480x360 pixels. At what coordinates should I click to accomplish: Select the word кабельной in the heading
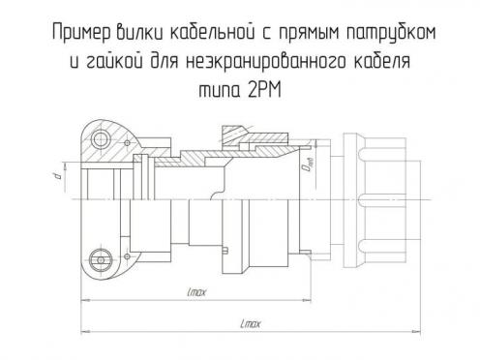212,32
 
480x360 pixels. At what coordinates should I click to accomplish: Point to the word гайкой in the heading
115,60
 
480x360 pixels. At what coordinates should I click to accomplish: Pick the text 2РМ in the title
265,90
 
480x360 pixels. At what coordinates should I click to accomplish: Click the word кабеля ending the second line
382,60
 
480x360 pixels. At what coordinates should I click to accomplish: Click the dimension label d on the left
58,175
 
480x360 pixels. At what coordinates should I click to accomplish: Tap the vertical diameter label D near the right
308,164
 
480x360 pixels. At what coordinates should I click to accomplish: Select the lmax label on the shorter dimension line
196,292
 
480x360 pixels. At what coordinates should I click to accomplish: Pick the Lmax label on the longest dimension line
251,323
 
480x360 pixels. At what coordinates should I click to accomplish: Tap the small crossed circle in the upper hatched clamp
127,142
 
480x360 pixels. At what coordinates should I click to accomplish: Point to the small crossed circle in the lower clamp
127,256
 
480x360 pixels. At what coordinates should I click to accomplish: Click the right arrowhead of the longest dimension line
416,331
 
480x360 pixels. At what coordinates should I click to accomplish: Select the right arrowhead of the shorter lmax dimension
307,300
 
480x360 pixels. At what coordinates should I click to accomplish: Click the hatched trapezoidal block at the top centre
235,134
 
